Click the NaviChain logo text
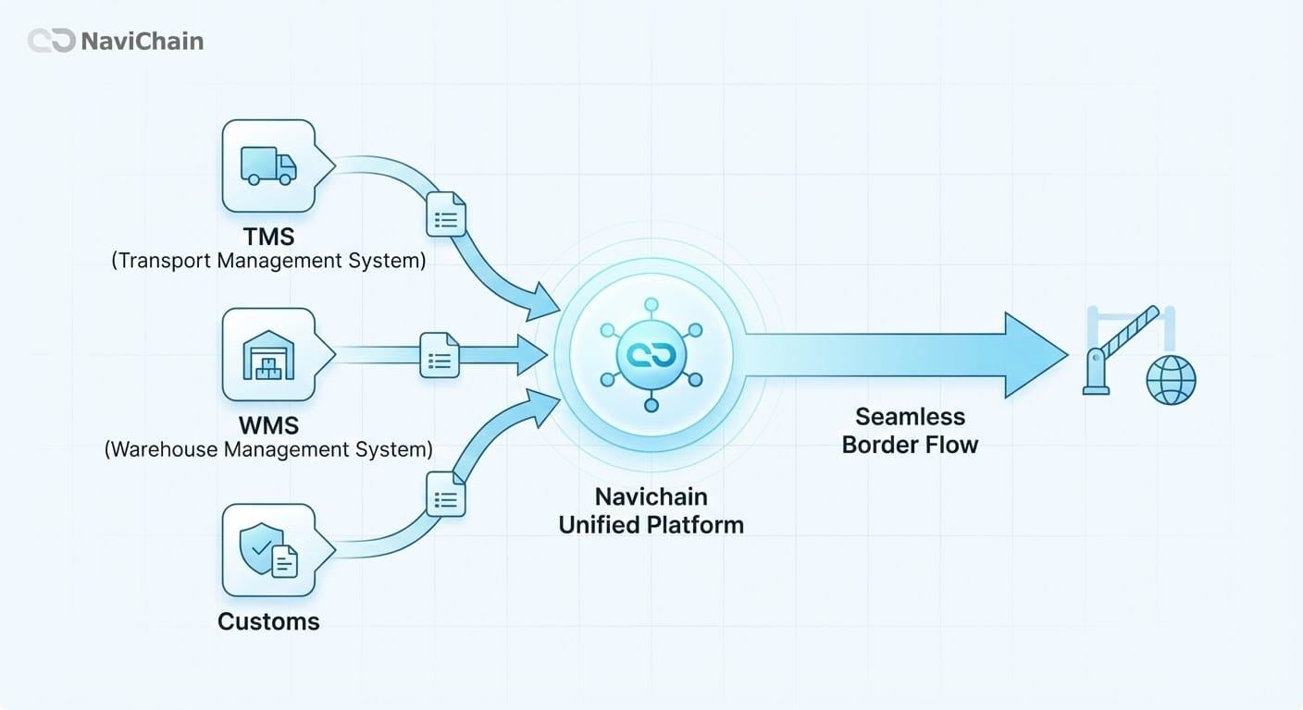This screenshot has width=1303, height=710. click(x=142, y=42)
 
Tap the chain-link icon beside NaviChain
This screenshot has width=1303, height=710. click(x=51, y=42)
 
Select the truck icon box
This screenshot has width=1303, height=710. click(x=268, y=165)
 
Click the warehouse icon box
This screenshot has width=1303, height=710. click(x=268, y=354)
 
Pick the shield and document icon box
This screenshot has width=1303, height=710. click(x=268, y=550)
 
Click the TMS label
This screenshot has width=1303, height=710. click(x=268, y=238)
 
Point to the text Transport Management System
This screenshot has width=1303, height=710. click(x=268, y=261)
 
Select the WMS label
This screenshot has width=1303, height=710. click(x=268, y=426)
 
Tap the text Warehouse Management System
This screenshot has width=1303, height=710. click(x=268, y=450)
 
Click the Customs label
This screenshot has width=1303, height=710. click(x=268, y=621)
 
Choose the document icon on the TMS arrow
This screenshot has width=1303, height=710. click(x=445, y=215)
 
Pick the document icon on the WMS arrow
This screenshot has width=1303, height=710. click(x=440, y=355)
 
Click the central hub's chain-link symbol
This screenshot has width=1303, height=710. click(x=651, y=355)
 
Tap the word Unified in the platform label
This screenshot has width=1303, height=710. click(x=600, y=525)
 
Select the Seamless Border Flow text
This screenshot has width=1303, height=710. click(x=910, y=430)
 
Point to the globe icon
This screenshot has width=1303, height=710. click(x=1171, y=380)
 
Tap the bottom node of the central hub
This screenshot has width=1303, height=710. click(x=651, y=405)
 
